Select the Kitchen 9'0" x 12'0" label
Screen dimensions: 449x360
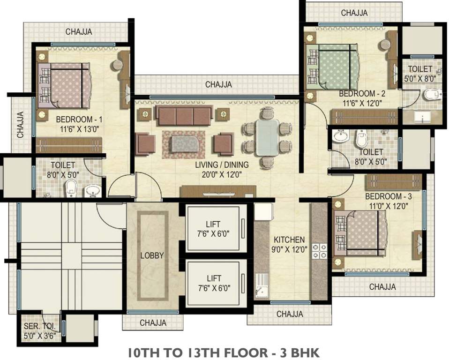click(289, 244)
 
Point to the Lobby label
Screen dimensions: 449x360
click(152, 255)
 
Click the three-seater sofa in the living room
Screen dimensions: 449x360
click(184, 116)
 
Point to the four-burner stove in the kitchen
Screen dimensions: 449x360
click(319, 251)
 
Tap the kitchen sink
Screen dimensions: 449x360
click(262, 285)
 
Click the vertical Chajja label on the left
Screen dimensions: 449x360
click(20, 125)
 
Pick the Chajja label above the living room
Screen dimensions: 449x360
click(218, 84)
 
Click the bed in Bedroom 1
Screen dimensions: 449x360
click(65, 85)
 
